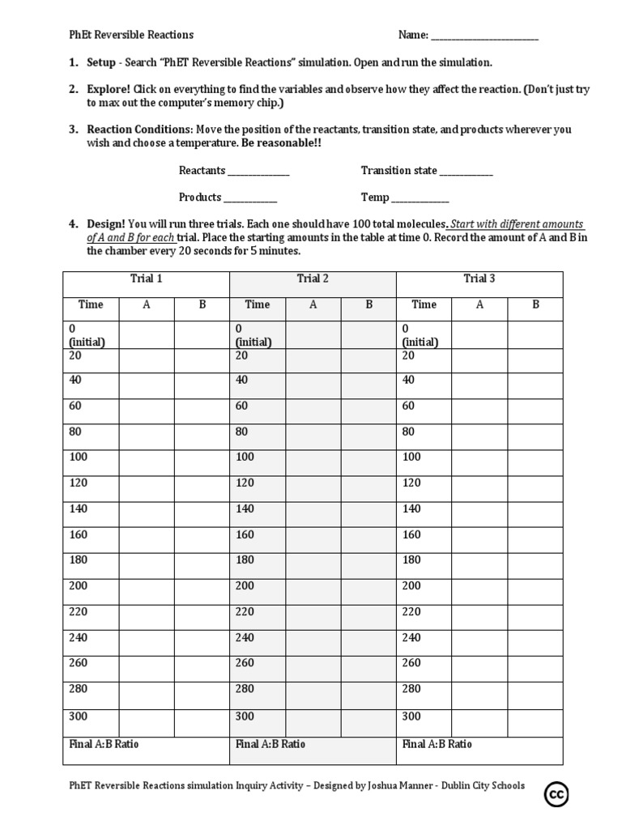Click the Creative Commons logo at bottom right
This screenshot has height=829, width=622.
[x=556, y=795]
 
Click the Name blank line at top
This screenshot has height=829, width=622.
[x=484, y=36]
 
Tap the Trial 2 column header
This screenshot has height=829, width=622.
[x=313, y=278]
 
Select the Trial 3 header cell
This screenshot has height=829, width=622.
[x=479, y=278]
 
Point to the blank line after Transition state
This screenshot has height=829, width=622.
[x=466, y=172]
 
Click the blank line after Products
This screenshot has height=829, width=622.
[x=250, y=198]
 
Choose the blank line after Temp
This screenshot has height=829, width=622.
[x=420, y=198]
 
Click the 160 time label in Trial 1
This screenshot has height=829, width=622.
[x=78, y=534]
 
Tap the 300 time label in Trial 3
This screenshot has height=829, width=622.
[x=411, y=716]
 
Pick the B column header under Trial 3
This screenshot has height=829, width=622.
[x=535, y=304]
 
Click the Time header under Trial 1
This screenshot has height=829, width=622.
[x=91, y=304]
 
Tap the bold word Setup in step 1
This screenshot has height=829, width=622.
[x=102, y=62]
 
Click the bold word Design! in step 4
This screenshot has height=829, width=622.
[x=106, y=224]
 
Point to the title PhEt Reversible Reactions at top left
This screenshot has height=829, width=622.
[x=130, y=35]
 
